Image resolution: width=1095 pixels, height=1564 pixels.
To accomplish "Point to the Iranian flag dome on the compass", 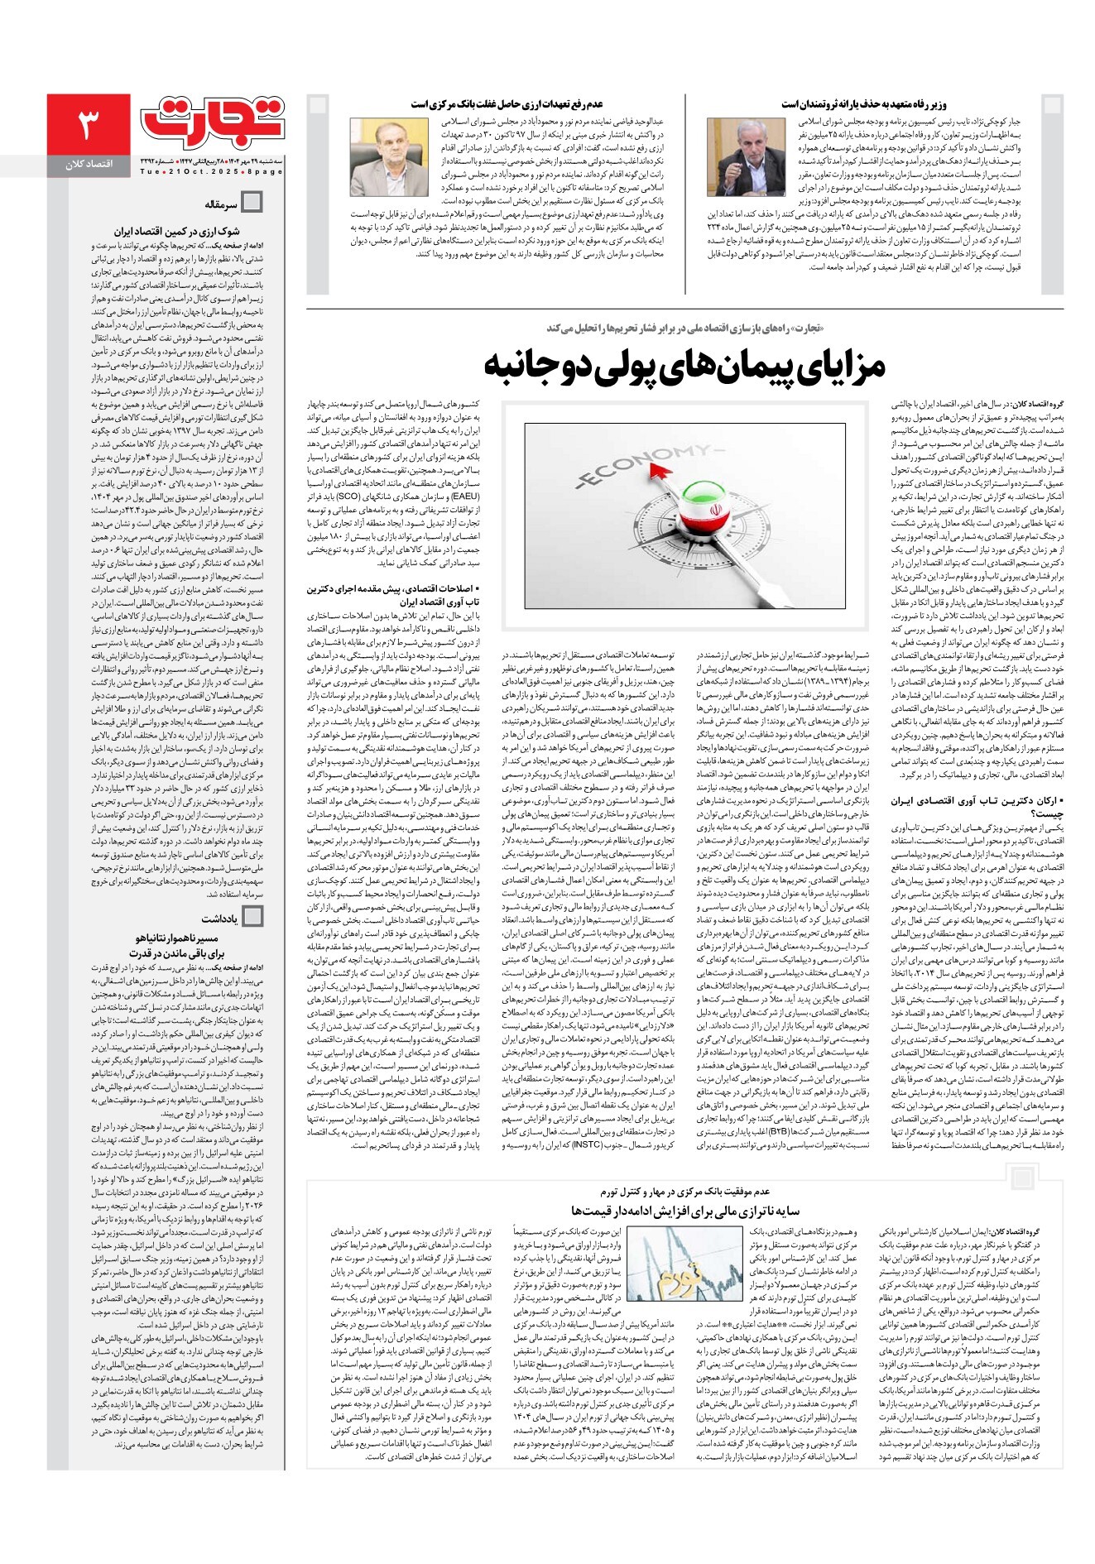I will [701, 517].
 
